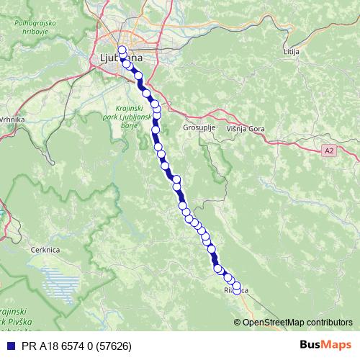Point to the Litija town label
[x=291, y=53]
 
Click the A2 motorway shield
[x=329, y=150]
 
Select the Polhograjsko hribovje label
[x=35, y=27]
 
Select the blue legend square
[x=9, y=346]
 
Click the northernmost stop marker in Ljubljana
[x=122, y=50]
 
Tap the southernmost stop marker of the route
[x=236, y=292]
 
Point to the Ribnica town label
[x=237, y=290]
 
